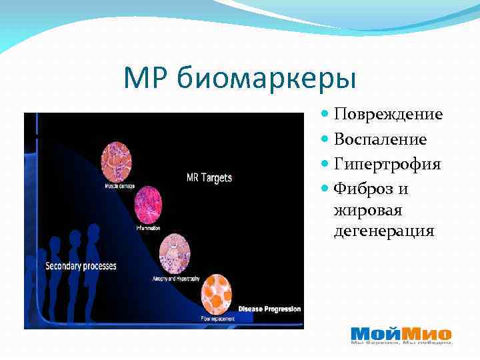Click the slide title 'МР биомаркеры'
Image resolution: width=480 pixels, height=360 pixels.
coord(240,79)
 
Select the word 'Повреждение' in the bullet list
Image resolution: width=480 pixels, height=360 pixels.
coord(388,115)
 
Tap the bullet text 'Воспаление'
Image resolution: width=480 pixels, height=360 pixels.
coord(380,139)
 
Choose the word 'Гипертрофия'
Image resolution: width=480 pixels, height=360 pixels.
coord(387,164)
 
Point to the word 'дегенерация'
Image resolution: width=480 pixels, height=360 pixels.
coord(384,231)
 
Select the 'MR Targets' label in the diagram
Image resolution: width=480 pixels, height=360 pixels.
coord(209,177)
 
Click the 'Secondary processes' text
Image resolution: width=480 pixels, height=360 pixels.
coord(81,266)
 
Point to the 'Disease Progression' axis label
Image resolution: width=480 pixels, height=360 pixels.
coord(269,309)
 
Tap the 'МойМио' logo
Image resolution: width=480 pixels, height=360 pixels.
coord(401,334)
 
